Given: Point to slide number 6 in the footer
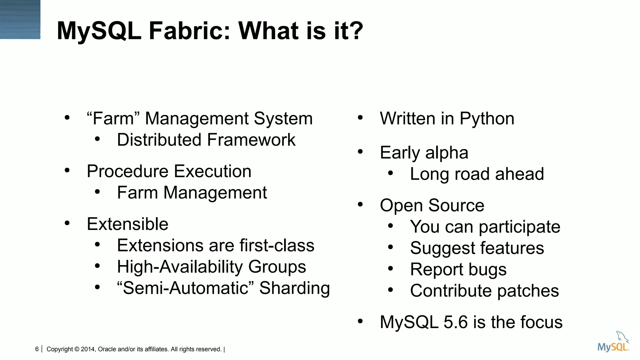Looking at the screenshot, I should (x=37, y=349).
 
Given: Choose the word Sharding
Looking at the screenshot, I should (x=294, y=288).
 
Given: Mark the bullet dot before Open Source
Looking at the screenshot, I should (x=360, y=204).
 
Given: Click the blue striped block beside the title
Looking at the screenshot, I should (x=20, y=19).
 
